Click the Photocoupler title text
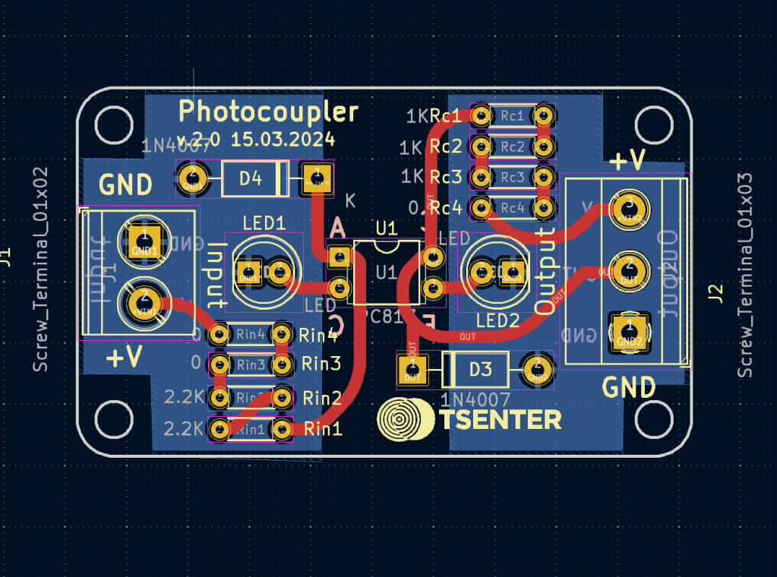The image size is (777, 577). [268, 112]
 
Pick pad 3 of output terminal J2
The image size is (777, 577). [629, 206]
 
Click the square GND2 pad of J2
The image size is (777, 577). [629, 332]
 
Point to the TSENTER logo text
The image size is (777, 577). [500, 419]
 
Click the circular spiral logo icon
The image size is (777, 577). [404, 419]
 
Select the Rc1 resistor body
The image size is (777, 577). [511, 115]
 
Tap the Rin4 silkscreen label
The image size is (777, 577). [318, 334]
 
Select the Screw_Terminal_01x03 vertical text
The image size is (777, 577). [745, 275]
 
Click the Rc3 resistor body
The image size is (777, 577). [511, 177]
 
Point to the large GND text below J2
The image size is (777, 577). [628, 387]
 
